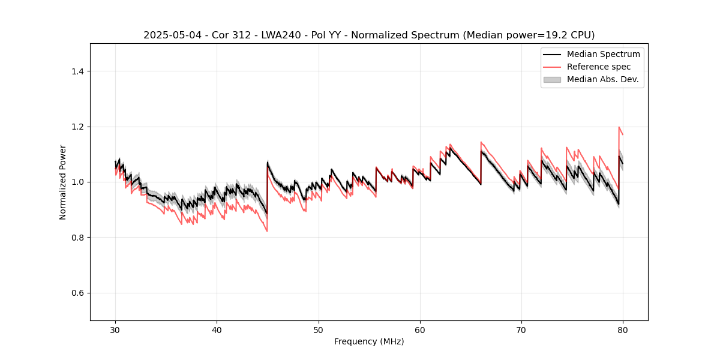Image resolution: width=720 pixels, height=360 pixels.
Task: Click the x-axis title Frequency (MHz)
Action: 369,341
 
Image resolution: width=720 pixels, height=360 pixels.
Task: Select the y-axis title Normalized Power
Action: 63,182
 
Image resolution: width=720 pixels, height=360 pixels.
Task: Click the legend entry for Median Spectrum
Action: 603,54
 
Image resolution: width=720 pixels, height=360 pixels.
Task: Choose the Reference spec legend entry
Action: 598,67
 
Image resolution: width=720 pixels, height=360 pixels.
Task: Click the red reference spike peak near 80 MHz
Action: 619,127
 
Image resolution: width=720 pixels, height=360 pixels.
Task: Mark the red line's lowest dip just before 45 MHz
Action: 267,231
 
